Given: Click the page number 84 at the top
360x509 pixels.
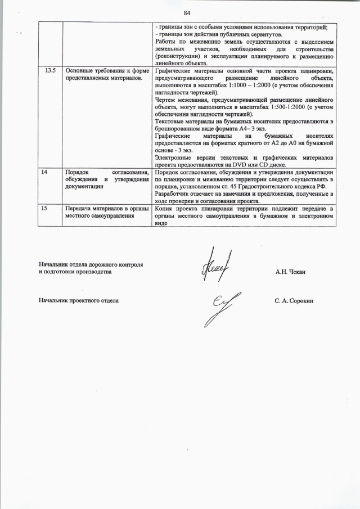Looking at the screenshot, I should (x=187, y=13).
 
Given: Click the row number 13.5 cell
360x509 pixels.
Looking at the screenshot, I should (x=50, y=70).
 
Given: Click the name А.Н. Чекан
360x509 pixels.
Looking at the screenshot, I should (x=290, y=272).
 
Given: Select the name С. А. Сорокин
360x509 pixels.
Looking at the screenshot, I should (x=294, y=301).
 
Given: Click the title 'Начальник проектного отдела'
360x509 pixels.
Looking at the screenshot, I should (x=78, y=301).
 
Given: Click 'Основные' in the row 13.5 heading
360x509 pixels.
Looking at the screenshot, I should (x=80, y=70).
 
